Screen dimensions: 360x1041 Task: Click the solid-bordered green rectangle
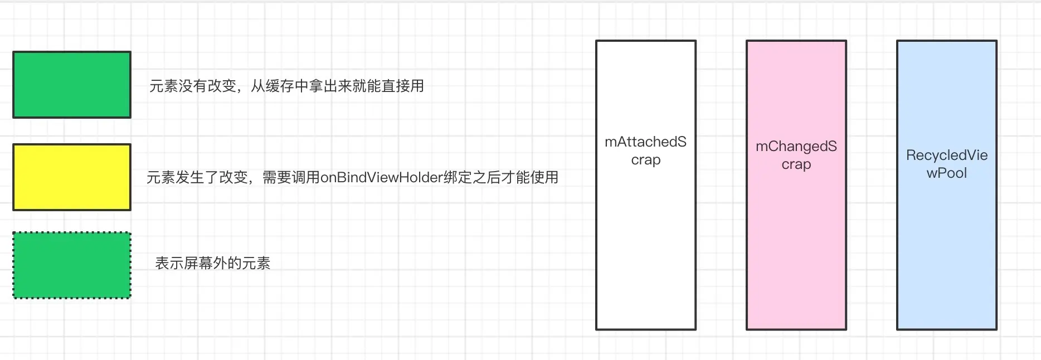click(x=72, y=85)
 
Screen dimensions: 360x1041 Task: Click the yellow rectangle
click(x=72, y=177)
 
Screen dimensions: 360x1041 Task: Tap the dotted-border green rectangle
click(x=72, y=265)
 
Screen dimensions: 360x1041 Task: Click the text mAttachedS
click(x=645, y=142)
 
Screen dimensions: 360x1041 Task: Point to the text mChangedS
click(x=796, y=147)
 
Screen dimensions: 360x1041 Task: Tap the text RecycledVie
click(x=946, y=155)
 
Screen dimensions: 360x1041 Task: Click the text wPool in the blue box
click(x=946, y=173)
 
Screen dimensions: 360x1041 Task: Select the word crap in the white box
click(x=645, y=160)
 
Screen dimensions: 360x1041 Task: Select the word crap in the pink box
click(x=796, y=164)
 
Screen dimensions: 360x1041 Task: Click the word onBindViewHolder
click(x=382, y=178)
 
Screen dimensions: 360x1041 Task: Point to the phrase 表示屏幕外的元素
click(x=212, y=264)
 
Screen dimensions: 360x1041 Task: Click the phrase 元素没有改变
click(x=193, y=86)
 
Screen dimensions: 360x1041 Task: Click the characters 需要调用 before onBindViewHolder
click(x=291, y=178)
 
